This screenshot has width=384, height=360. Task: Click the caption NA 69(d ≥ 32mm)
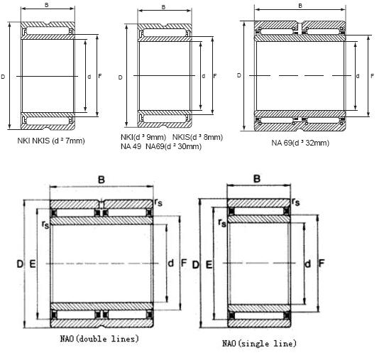300,142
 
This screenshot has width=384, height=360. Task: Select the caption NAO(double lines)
100,339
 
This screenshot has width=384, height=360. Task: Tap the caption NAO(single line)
258,344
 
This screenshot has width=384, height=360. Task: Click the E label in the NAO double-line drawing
32,263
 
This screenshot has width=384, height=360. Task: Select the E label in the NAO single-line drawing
208,264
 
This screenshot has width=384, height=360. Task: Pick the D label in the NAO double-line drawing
20,263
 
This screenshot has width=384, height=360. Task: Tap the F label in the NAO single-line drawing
322,263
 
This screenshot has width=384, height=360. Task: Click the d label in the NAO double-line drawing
170,263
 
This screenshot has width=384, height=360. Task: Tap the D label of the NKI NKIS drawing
4,75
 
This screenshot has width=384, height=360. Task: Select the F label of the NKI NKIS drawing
99,75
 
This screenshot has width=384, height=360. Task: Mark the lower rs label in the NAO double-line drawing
45,224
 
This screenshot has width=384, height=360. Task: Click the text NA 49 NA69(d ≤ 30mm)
162,146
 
